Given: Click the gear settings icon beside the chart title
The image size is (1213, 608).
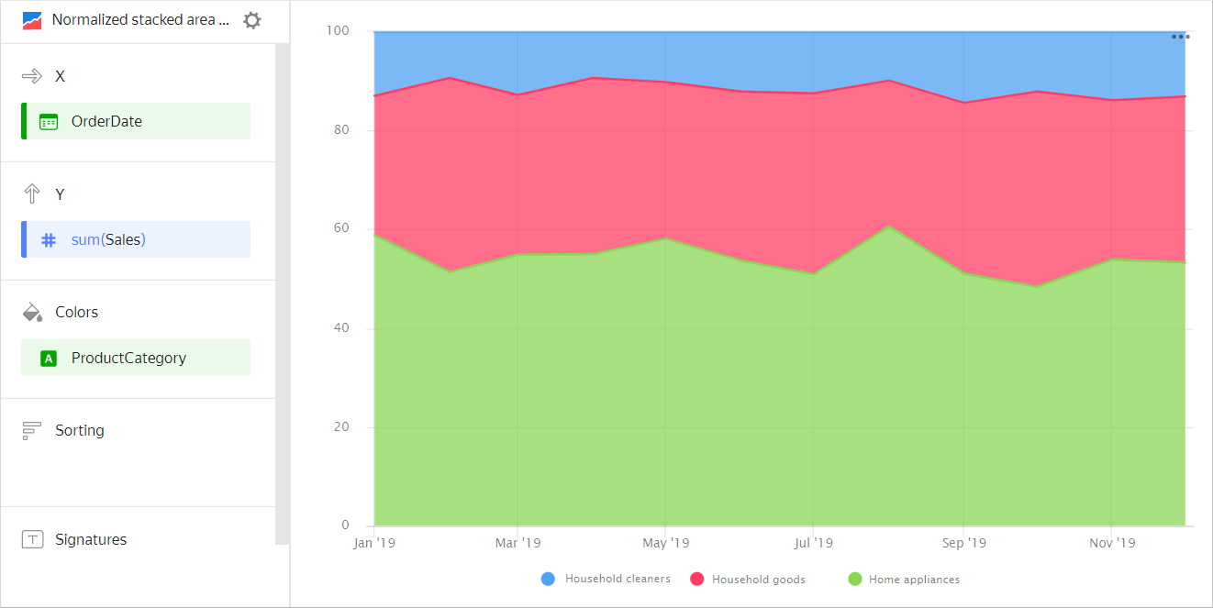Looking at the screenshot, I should click(251, 20).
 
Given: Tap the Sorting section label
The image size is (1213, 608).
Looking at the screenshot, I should click(79, 430).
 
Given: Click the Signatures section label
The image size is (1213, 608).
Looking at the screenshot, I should click(90, 539).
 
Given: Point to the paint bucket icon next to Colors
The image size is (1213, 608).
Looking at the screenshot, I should click(32, 312).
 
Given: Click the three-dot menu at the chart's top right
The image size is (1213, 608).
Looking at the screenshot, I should click(1180, 37).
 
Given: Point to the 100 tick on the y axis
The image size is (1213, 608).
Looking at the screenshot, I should click(338, 31).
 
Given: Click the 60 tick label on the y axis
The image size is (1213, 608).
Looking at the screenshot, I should click(340, 228).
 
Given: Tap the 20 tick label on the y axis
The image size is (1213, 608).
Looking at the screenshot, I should click(340, 427).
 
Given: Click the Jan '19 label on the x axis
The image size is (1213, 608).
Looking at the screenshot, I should click(374, 543).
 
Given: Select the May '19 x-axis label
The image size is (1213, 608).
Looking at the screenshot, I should click(665, 543).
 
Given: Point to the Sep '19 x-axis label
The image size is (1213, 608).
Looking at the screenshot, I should click(963, 543).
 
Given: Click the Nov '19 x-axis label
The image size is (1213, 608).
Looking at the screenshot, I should click(1111, 543).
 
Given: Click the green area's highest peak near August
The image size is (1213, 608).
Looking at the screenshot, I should click(888, 227).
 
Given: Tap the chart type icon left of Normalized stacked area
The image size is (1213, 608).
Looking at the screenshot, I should click(32, 20).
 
